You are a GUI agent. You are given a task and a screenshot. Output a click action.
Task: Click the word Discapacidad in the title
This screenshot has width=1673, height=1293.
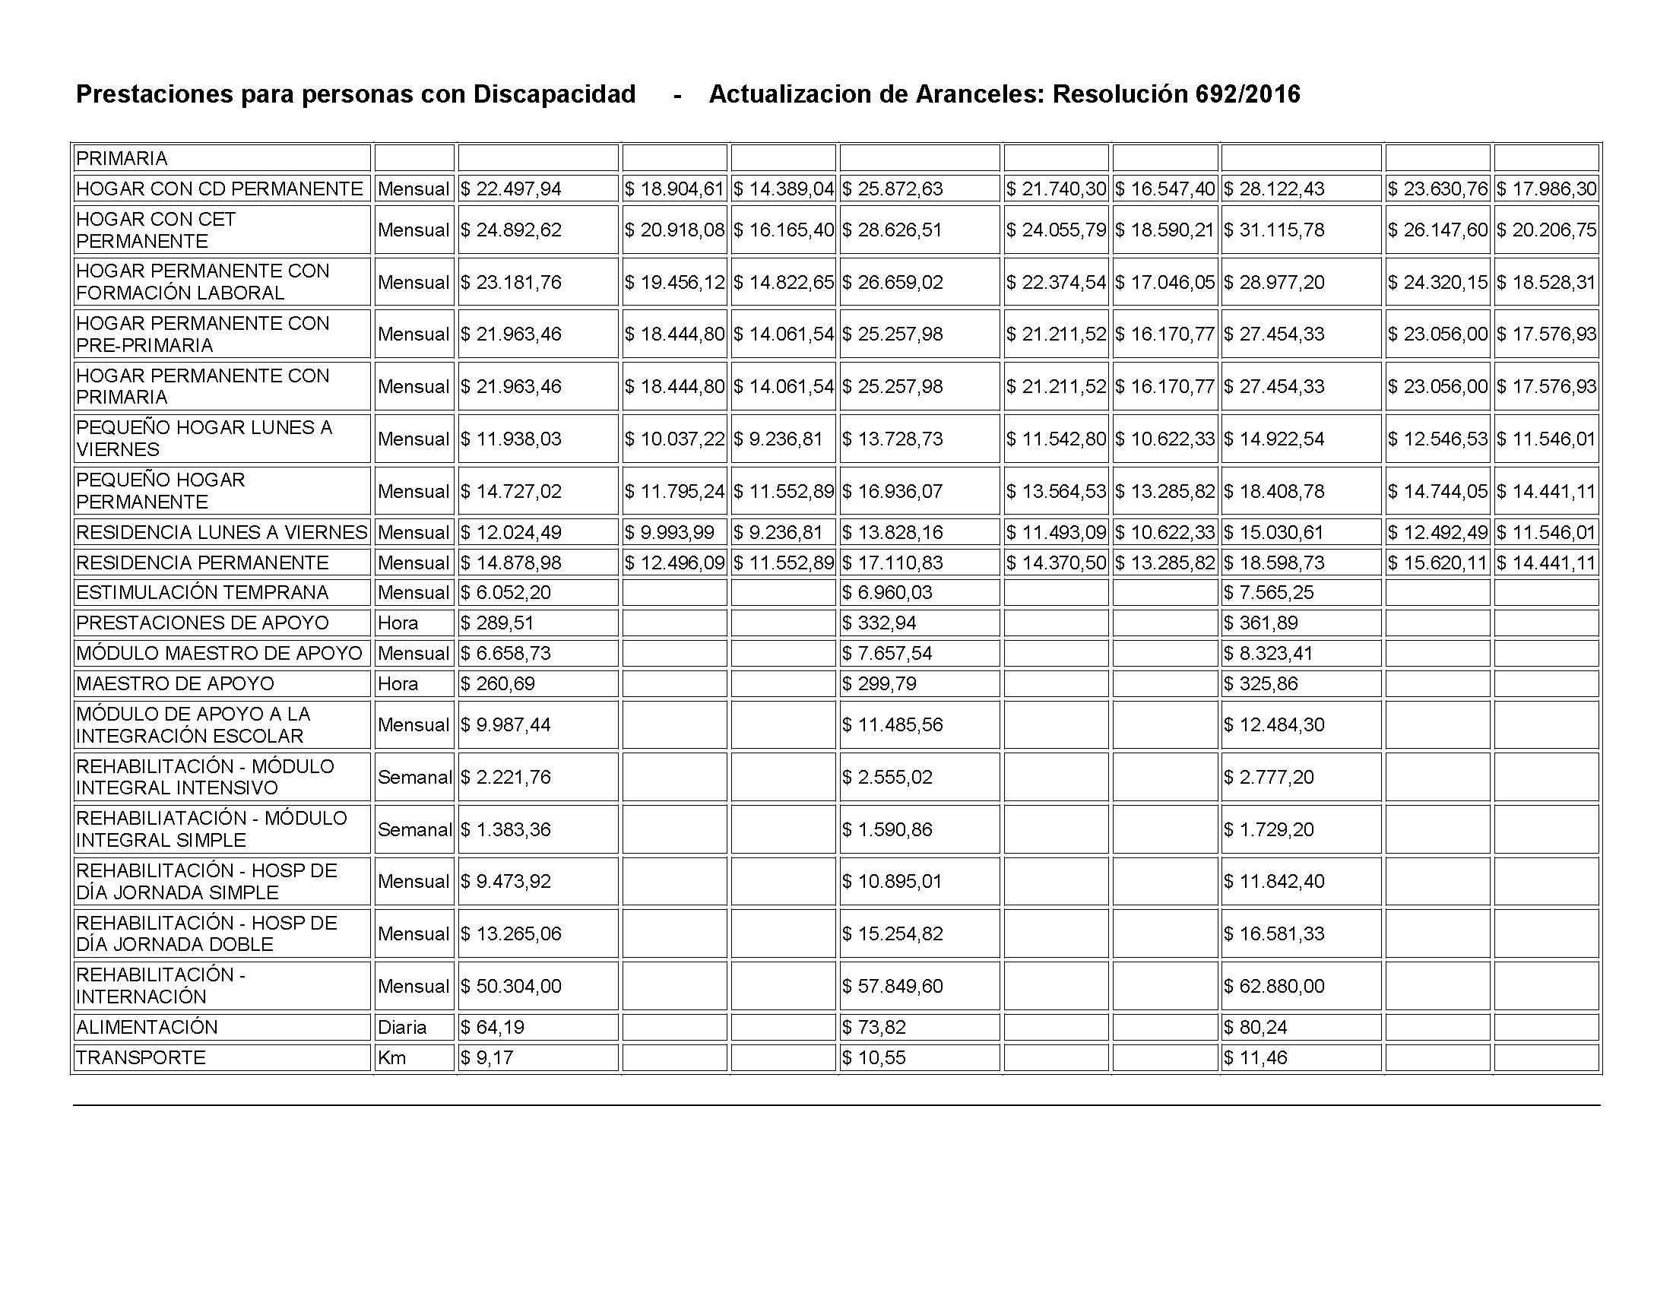coord(554,94)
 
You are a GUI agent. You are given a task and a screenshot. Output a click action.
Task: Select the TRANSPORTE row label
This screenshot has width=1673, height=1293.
coord(141,1058)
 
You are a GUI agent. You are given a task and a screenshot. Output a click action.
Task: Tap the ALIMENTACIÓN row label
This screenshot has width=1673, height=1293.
coord(147,1027)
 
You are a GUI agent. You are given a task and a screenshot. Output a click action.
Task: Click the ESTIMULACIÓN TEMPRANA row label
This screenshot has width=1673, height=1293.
coord(202,592)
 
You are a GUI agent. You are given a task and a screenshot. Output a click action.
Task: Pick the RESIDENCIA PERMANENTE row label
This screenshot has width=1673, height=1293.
coord(202,563)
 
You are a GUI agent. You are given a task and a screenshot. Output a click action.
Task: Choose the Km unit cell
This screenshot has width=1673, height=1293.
coord(391,1058)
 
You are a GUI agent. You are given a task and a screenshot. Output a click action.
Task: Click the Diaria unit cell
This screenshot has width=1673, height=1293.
coord(402,1027)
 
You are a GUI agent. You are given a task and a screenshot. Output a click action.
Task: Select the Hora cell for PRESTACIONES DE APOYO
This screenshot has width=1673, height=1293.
coord(398,623)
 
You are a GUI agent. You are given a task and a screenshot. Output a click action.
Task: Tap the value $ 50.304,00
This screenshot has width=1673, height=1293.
coord(511,986)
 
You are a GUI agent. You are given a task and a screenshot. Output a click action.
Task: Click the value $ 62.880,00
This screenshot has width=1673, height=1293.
coord(1274,986)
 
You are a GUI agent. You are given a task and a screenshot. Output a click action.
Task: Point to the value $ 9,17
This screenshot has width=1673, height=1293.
coord(487,1058)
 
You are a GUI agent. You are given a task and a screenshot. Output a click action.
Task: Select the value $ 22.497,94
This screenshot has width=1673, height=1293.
coord(511,189)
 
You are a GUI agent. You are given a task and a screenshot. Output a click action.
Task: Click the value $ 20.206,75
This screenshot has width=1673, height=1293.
coord(1547,230)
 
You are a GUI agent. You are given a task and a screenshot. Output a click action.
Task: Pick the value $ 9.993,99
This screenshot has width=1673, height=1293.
coord(670,532)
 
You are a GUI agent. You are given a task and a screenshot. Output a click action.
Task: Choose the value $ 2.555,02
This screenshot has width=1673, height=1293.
coord(888,778)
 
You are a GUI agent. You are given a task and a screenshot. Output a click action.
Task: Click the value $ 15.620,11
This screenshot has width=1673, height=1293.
coord(1438,563)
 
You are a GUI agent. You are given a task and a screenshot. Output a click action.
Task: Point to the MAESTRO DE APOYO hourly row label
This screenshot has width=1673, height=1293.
coord(176,683)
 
